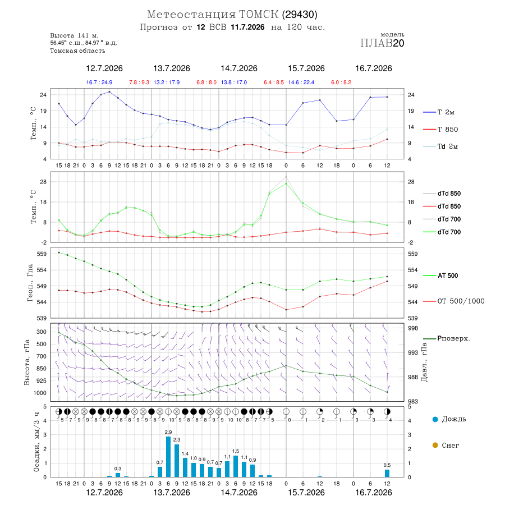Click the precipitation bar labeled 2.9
tap(168, 457)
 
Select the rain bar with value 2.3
tap(177, 461)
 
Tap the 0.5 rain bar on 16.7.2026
tap(387, 473)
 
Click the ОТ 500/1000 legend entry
tap(454, 301)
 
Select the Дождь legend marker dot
tap(435, 419)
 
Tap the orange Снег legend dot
tap(435, 445)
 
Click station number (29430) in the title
tap(300, 15)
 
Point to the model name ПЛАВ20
tap(382, 43)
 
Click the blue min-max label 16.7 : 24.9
tap(99, 82)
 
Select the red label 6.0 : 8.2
tap(341, 82)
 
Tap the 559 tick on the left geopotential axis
tap(42, 254)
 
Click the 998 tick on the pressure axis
tap(413, 328)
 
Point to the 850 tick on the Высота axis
tap(42, 369)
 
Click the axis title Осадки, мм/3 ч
tap(36, 442)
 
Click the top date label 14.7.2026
tap(239, 68)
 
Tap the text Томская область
tap(77, 51)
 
